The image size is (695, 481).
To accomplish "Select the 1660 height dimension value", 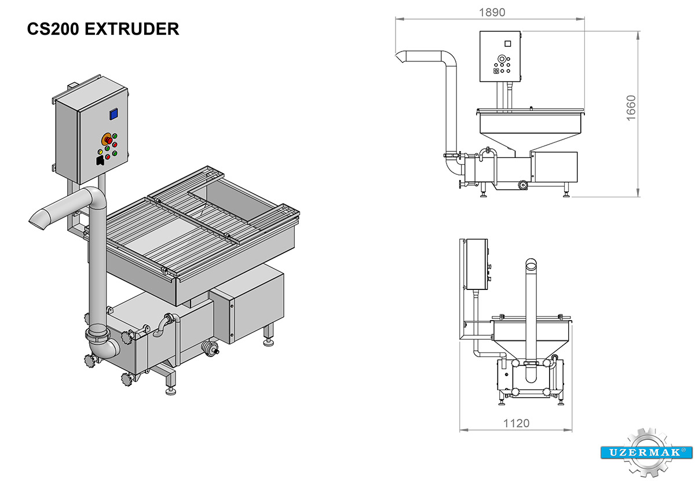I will [x=631, y=108].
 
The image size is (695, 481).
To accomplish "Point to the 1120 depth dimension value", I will [x=516, y=423].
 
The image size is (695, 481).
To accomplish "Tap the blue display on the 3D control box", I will [x=114, y=114].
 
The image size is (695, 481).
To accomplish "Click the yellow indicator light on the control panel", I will [x=101, y=152].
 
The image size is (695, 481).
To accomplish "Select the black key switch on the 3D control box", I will [x=100, y=160].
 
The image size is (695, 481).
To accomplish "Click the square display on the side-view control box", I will [x=508, y=43].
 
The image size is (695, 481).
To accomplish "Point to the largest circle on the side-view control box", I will [x=502, y=58].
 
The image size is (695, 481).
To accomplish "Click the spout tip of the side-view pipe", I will [x=401, y=57].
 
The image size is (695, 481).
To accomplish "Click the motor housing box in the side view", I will [x=555, y=168].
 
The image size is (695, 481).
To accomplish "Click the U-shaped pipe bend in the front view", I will [x=531, y=377].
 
